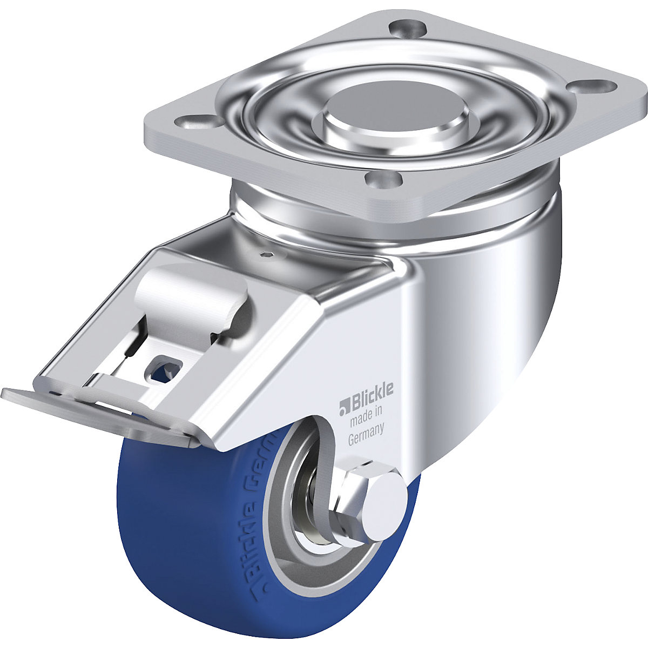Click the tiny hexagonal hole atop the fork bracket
pyautogui.click(x=267, y=255)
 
